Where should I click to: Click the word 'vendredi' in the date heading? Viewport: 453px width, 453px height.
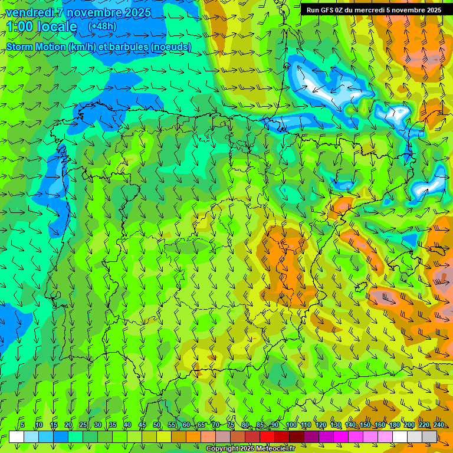29,12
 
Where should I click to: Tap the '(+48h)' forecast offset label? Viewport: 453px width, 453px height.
102,27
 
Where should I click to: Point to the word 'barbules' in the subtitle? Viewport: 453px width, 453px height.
128,47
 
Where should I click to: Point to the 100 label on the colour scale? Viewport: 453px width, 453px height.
291,425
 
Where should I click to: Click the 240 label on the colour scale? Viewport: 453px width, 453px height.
439,425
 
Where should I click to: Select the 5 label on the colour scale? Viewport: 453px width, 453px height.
22,425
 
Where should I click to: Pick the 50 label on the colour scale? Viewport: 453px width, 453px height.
157,425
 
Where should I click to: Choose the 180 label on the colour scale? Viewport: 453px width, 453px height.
395,425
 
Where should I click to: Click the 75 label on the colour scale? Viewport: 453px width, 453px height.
231,425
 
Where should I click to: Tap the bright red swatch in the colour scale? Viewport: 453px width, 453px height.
267,436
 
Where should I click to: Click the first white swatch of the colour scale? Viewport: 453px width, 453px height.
17,436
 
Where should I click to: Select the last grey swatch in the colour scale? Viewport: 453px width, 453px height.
429,436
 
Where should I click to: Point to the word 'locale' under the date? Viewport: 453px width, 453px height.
57,27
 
